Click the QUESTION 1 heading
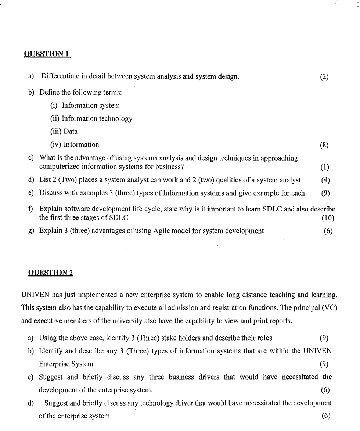[47, 54]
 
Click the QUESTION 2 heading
[50, 273]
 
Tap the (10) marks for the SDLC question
[328, 218]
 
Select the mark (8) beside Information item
[324, 145]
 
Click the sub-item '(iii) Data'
[64, 132]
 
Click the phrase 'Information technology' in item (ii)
[97, 118]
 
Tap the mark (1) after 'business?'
[324, 167]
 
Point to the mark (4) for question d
[325, 180]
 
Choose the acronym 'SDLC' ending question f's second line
[119, 218]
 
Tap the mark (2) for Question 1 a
[324, 77]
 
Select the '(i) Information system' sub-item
[85, 106]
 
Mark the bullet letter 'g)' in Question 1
[31, 231]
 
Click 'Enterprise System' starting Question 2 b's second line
[66, 364]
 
